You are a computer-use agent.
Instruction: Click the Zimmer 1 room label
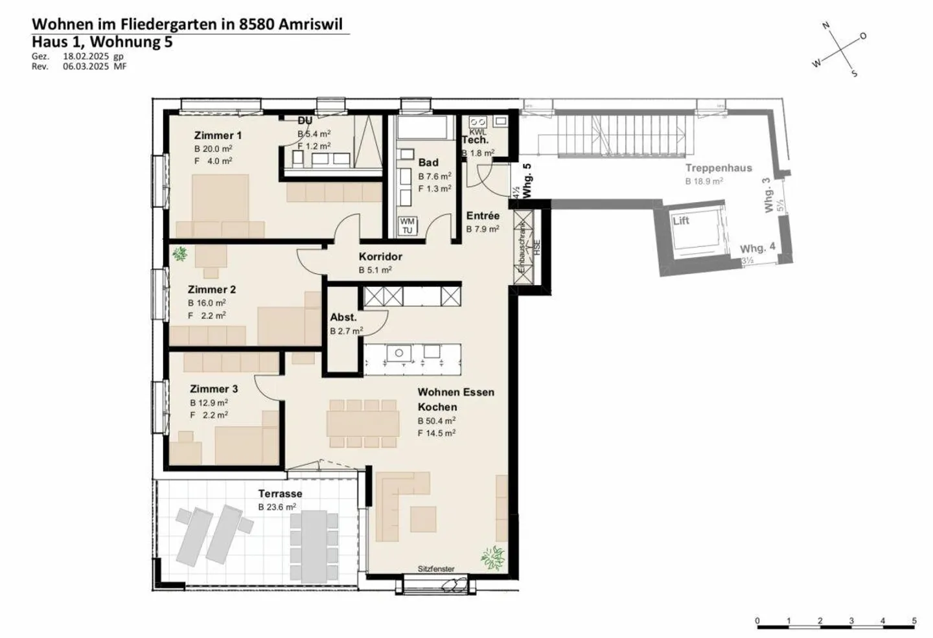218,135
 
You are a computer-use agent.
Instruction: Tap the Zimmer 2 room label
212,290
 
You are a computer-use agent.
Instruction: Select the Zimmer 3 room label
214,389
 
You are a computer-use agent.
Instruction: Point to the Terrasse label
280,494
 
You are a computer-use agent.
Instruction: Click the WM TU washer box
407,225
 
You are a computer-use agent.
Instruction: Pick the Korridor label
380,256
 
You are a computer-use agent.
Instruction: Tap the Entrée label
483,216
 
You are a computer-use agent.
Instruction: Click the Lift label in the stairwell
681,221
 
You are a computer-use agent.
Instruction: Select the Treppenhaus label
719,168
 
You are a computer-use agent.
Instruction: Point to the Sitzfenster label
436,569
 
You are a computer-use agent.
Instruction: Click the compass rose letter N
826,26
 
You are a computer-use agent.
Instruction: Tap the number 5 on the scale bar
914,621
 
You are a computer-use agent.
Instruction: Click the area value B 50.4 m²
436,421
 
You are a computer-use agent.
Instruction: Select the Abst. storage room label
343,317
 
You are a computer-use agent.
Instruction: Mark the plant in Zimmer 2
180,254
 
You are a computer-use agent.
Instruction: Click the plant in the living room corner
494,557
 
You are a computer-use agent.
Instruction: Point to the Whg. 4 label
757,248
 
